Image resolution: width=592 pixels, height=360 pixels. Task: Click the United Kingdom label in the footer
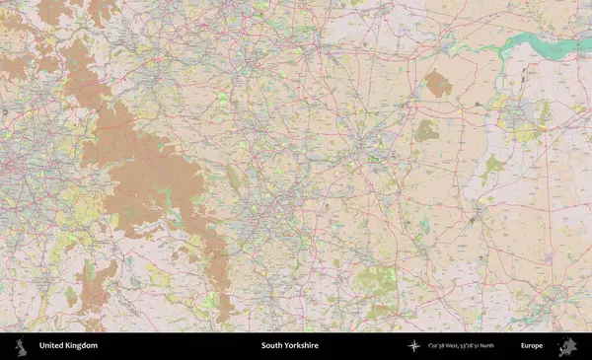[68, 346]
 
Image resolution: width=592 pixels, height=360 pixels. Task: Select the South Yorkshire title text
[290, 346]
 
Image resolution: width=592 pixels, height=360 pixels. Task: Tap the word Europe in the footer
[532, 346]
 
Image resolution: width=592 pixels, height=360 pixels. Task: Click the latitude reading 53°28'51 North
[489, 346]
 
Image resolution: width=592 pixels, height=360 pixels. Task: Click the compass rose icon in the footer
[414, 346]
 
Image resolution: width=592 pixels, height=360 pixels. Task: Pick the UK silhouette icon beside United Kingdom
[19, 346]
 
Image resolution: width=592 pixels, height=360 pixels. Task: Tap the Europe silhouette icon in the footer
[566, 346]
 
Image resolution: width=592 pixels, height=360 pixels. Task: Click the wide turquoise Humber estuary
[538, 42]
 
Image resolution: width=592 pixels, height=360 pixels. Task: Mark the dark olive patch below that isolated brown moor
[426, 129]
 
